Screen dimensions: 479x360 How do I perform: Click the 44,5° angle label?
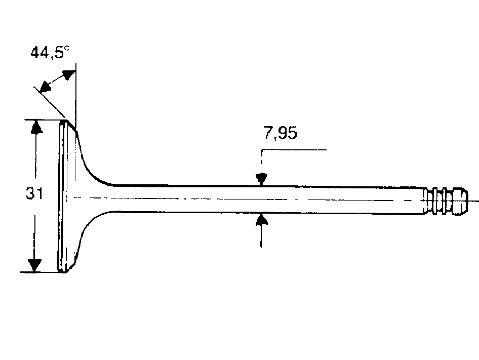click(50, 52)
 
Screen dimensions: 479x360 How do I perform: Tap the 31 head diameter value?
click(34, 193)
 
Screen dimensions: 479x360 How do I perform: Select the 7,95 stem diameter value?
click(281, 133)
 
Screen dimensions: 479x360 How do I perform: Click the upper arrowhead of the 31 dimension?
click(36, 127)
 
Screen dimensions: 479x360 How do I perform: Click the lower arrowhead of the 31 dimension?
click(34, 265)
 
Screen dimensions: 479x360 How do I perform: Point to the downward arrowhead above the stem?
click(261, 179)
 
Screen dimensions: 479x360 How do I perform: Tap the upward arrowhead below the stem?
click(261, 219)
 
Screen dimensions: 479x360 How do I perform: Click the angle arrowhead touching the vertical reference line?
click(69, 75)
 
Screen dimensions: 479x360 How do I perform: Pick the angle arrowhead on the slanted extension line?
click(45, 87)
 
